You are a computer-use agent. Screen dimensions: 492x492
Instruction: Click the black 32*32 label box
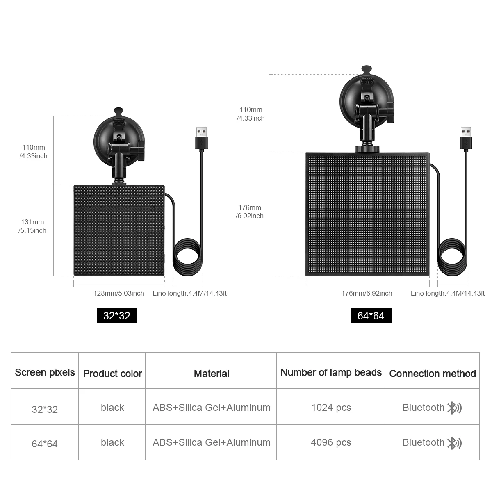117,316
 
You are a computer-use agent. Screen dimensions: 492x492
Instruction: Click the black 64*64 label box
371,316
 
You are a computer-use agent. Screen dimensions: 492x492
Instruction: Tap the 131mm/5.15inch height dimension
33,226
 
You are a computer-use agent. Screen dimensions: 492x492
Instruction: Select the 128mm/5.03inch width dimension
119,293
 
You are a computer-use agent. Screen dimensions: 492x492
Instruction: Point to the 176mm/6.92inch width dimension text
367,293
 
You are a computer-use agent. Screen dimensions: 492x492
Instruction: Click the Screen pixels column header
45,372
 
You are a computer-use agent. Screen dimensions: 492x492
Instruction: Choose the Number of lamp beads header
331,372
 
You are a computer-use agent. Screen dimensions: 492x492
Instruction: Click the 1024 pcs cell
331,408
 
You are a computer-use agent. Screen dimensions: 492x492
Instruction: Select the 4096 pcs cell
331,442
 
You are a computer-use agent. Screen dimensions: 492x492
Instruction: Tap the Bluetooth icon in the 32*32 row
454,408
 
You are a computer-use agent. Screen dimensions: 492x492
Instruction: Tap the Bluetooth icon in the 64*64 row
454,443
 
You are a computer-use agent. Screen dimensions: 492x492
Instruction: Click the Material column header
212,374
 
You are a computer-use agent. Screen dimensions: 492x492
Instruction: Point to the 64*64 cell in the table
45,444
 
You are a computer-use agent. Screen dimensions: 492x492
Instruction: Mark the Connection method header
432,374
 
